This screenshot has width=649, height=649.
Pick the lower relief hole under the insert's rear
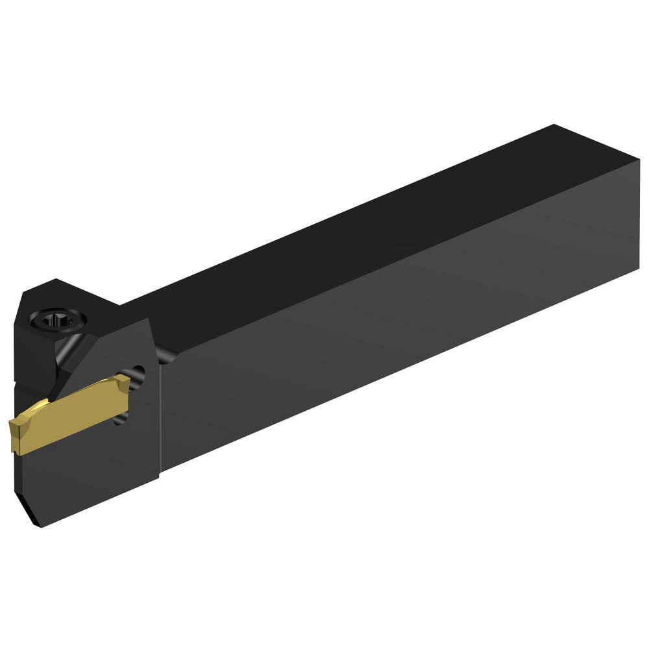[119, 420]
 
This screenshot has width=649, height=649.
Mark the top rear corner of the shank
[555, 125]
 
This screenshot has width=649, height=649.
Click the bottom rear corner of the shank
[639, 269]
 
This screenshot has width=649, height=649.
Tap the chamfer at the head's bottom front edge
[26, 500]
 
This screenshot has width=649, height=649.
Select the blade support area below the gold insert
[84, 467]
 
